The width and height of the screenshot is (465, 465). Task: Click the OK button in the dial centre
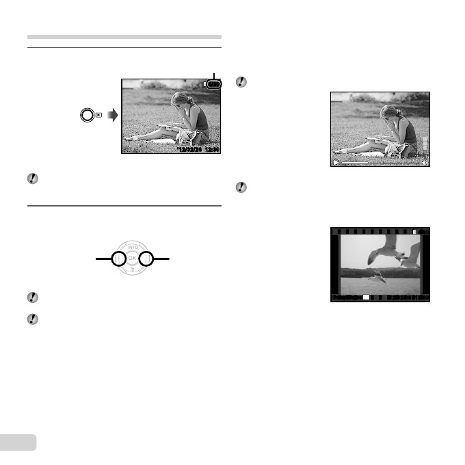coord(132,259)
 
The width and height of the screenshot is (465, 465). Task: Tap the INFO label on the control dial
coord(132,248)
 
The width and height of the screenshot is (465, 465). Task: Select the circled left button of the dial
coord(118,259)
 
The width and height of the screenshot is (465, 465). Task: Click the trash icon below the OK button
coord(132,271)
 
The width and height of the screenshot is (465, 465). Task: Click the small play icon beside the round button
coord(99,115)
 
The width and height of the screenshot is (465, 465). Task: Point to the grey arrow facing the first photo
coord(111,115)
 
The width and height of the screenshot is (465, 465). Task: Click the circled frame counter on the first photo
coord(214,84)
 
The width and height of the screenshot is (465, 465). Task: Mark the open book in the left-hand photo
coord(168,125)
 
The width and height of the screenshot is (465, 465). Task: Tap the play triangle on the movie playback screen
coord(336,163)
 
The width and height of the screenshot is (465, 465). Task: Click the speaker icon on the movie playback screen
coord(425,163)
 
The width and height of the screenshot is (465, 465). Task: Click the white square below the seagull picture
coord(366,298)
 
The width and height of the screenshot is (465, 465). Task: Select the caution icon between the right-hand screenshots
coord(240,187)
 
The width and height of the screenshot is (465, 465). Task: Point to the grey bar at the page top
coord(124,37)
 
